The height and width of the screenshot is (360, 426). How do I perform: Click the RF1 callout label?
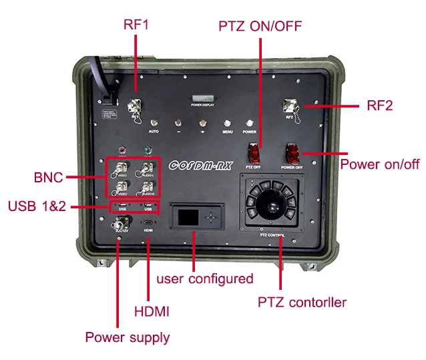click(136, 25)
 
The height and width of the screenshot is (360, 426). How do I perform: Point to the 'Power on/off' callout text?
click(380, 164)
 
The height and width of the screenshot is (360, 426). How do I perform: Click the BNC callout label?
click(48, 178)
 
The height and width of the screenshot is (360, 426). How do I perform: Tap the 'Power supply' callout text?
click(127, 337)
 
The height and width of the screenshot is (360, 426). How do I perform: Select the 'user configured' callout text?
click(204, 278)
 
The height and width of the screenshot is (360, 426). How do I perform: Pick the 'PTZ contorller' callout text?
click(302, 302)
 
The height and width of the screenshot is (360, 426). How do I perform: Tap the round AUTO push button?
click(154, 123)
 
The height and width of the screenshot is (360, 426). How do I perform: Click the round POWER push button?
click(250, 123)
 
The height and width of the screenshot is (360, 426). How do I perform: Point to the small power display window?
click(202, 98)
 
